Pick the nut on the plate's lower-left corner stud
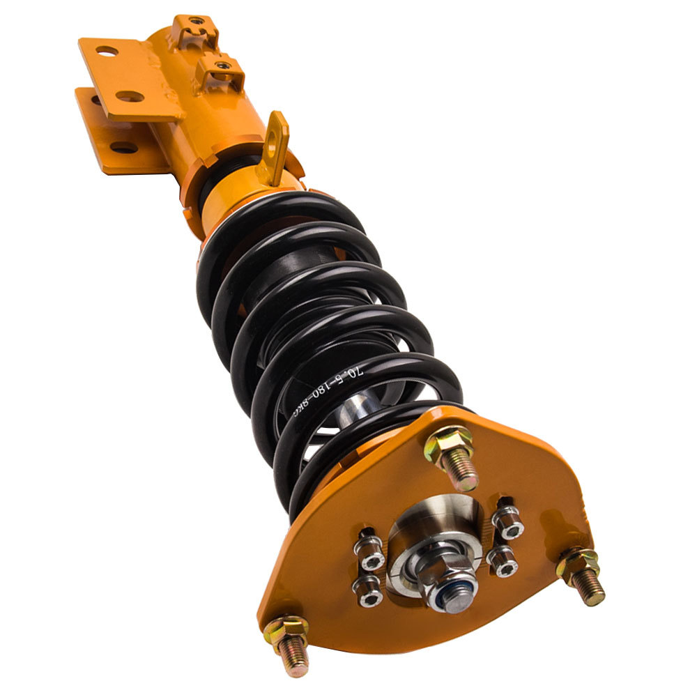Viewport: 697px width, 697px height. coord(286,627)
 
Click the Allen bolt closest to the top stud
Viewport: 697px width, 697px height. coord(507,519)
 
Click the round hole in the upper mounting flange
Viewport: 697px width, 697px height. coord(106,51)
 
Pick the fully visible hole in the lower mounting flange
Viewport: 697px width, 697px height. coord(124,148)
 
